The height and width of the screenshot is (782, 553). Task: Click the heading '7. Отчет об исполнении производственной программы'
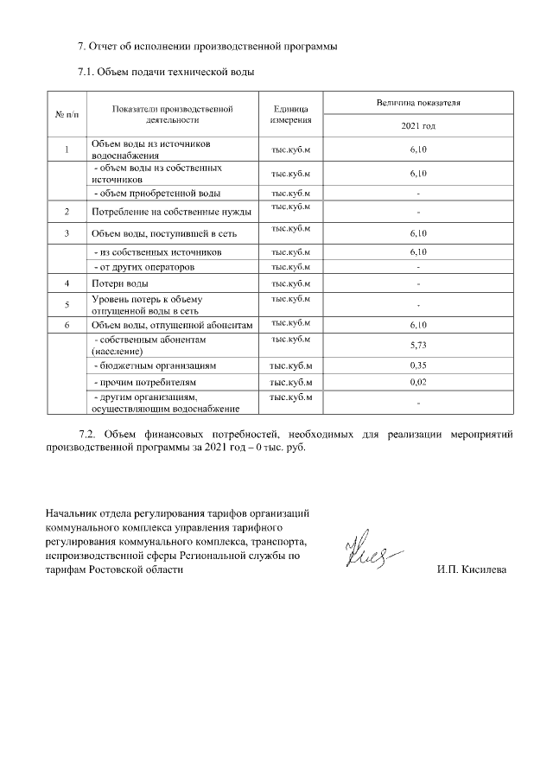207,46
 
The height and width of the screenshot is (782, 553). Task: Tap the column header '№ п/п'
67,114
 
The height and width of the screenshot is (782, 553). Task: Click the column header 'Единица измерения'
290,114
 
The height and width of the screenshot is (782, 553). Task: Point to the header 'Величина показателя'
417,103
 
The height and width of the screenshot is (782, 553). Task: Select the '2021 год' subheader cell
417,126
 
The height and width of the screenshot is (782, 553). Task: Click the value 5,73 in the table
417,346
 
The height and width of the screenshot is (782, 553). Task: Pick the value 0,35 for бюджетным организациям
417,366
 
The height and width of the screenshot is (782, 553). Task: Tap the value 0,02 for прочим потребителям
417,381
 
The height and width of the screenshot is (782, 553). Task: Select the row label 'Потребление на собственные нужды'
171,211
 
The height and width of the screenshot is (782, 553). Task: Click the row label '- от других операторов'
144,267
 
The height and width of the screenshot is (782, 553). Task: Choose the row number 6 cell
67,324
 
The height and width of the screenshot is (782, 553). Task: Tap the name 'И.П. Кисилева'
473,570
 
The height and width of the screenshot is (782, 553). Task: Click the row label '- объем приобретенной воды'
156,193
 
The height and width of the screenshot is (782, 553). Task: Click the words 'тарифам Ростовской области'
114,570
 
